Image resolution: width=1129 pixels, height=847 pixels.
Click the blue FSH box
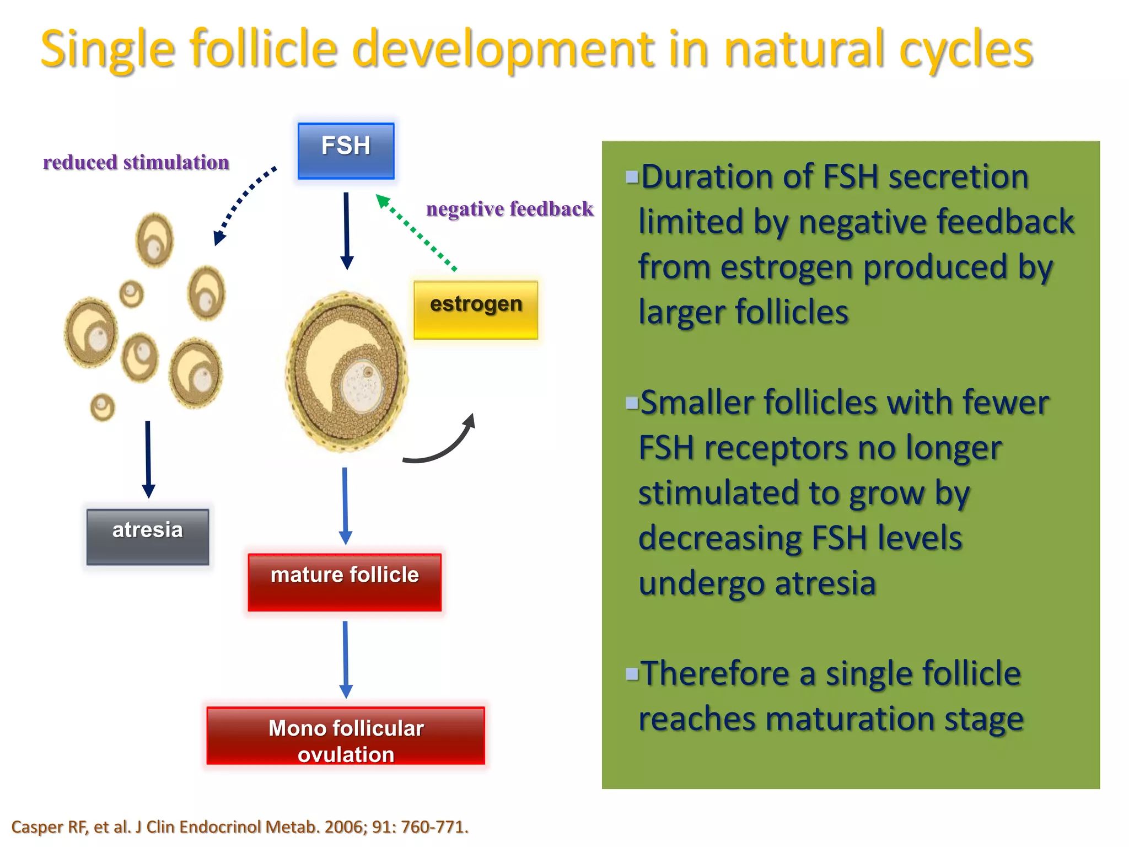346,151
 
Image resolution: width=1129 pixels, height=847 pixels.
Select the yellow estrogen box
475,309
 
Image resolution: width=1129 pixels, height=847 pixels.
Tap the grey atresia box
148,536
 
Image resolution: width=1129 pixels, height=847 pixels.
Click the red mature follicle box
345,582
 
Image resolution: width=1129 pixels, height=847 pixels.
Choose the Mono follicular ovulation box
346,735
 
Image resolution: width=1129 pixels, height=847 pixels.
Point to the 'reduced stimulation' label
136,163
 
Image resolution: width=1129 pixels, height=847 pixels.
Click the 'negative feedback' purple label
509,209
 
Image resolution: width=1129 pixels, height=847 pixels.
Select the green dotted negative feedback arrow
417,233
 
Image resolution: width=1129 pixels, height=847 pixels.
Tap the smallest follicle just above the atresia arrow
102,408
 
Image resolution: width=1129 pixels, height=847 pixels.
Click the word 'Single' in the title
108,50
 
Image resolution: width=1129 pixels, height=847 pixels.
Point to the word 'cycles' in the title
965,50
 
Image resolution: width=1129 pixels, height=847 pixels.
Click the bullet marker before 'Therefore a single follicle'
632,673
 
